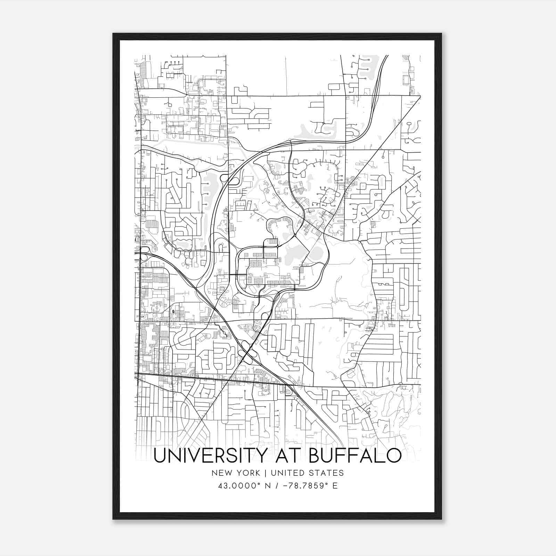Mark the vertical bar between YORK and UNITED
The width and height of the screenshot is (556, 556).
[x=265, y=473]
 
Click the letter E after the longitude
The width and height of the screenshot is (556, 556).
[x=335, y=486]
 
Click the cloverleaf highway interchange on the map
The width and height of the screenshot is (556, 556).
[x=248, y=354]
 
